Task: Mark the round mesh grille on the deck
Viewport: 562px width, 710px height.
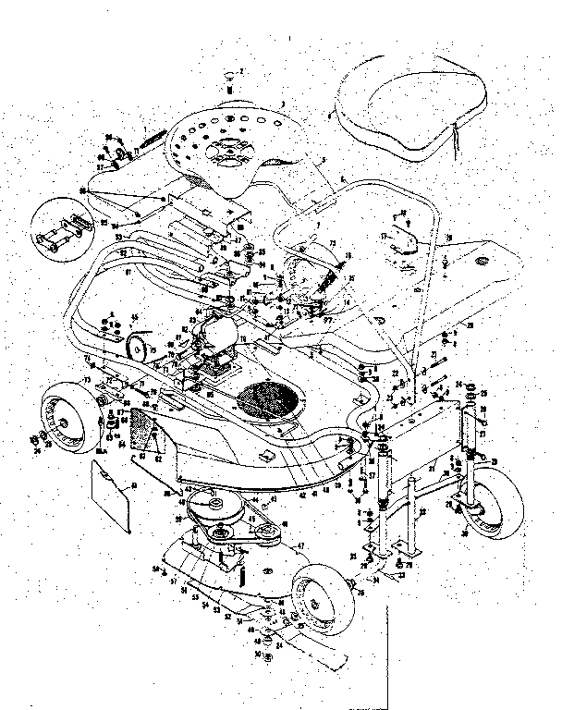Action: [272, 403]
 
